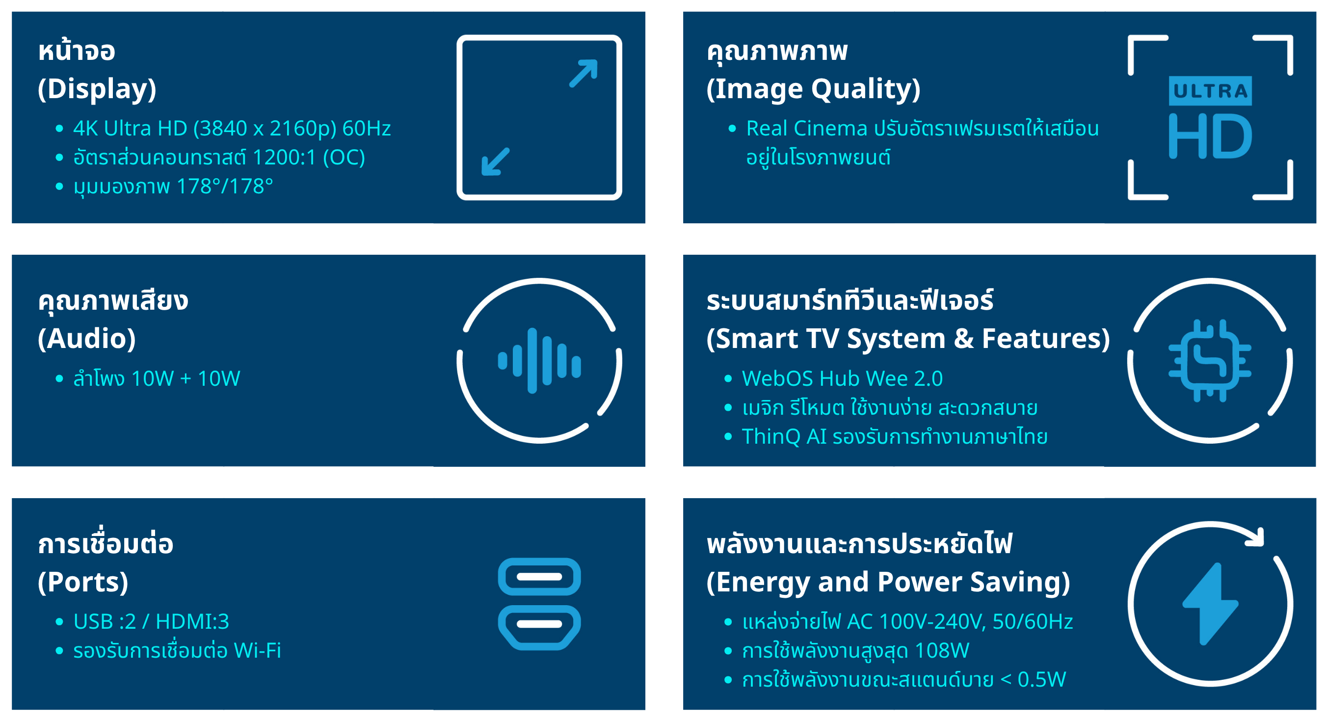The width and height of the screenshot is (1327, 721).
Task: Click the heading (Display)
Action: point(97,89)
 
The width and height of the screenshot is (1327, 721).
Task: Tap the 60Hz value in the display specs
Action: point(366,128)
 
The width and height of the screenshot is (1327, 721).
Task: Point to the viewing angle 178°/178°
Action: point(225,186)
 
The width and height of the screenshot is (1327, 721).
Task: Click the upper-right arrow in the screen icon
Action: point(584,73)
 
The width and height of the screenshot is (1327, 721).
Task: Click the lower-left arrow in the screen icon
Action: point(495,162)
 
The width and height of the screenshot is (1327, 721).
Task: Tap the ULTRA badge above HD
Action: point(1210,91)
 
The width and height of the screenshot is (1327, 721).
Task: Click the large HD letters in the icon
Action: point(1210,136)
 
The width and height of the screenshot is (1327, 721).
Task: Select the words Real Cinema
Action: point(807,128)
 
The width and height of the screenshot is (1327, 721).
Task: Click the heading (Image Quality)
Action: point(813,89)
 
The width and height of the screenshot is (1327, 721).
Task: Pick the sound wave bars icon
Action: point(539,361)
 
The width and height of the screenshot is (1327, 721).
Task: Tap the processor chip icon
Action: point(1210,361)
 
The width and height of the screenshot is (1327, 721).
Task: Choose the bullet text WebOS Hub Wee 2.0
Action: point(842,379)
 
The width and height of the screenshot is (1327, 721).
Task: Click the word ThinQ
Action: point(770,437)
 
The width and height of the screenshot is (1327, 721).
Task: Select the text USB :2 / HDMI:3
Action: point(152,621)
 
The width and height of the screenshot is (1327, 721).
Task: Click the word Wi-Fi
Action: point(258,650)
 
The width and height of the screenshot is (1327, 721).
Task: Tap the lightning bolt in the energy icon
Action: point(1210,604)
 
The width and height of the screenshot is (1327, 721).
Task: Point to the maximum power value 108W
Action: point(942,650)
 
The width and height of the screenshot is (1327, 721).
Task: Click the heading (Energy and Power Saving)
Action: point(888,583)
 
